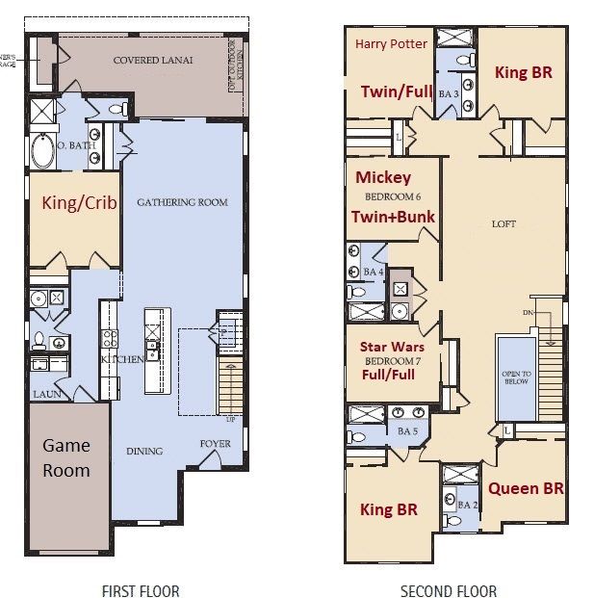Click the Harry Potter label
tap(391, 44)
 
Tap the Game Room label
tap(66, 457)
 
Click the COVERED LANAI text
tap(153, 60)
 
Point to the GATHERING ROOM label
tap(182, 202)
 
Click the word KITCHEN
tap(122, 359)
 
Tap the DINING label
tap(143, 451)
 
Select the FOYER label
tap(215, 444)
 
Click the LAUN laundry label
tap(46, 395)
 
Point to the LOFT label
tap(504, 223)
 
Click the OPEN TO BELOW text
tap(516, 378)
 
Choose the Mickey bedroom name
tap(383, 177)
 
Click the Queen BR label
tap(526, 488)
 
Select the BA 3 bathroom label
tap(449, 94)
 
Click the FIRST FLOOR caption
tap(141, 591)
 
